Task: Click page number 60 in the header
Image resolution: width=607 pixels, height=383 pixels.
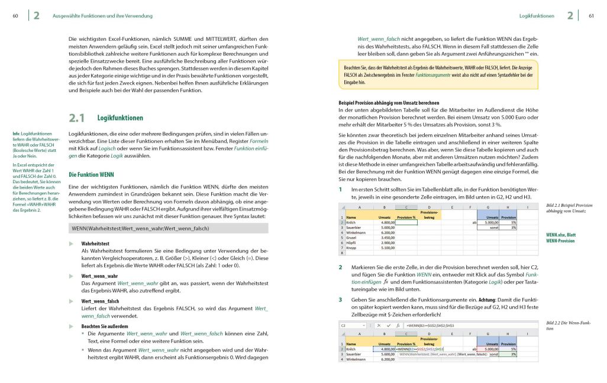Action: point(15,16)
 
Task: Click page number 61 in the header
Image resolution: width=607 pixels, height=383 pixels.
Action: point(591,16)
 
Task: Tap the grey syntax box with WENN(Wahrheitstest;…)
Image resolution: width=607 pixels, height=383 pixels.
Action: point(169,228)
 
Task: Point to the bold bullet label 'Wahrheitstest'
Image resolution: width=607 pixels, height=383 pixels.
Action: point(95,244)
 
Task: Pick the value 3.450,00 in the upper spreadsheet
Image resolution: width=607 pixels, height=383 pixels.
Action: point(386,238)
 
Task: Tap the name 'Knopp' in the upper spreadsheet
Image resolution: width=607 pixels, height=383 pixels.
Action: point(352,248)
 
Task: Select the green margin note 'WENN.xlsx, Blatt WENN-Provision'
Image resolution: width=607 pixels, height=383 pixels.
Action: point(561,238)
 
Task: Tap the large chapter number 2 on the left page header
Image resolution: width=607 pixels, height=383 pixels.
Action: point(37,16)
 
